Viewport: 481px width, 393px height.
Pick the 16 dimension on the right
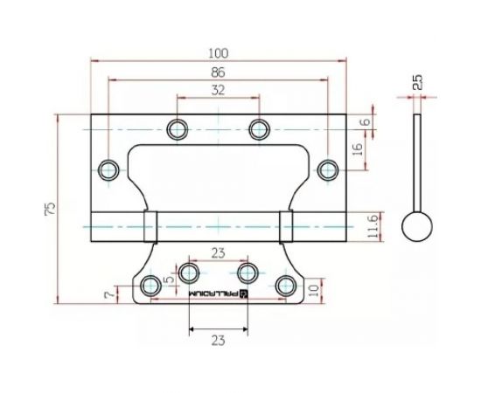[x=357, y=150]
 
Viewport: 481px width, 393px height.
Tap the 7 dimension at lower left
[x=108, y=296]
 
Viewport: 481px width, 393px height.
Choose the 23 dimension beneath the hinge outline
[x=219, y=340]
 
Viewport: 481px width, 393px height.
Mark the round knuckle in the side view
[x=417, y=229]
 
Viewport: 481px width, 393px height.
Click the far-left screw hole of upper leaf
[x=110, y=169]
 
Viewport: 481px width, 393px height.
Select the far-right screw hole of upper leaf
[x=327, y=169]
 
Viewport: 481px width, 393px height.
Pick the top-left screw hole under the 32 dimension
[x=178, y=130]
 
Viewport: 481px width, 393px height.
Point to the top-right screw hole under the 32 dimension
[x=259, y=130]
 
